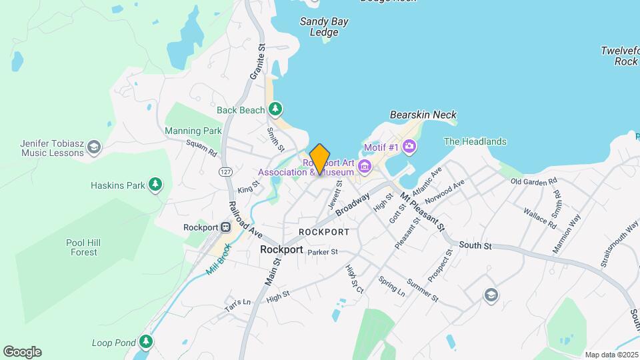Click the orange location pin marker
point(320,159)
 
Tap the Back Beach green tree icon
point(275,109)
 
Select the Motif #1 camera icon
point(409,146)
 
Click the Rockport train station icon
point(226,227)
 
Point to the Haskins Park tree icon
point(155,183)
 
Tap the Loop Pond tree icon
point(146,343)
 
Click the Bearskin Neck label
point(423,115)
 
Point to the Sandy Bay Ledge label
point(324,27)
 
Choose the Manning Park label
point(193,131)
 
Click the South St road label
point(475,246)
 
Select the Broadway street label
point(353,205)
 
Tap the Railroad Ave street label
point(245,220)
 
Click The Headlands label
point(475,141)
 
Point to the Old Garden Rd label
point(533,181)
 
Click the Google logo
point(22,352)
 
